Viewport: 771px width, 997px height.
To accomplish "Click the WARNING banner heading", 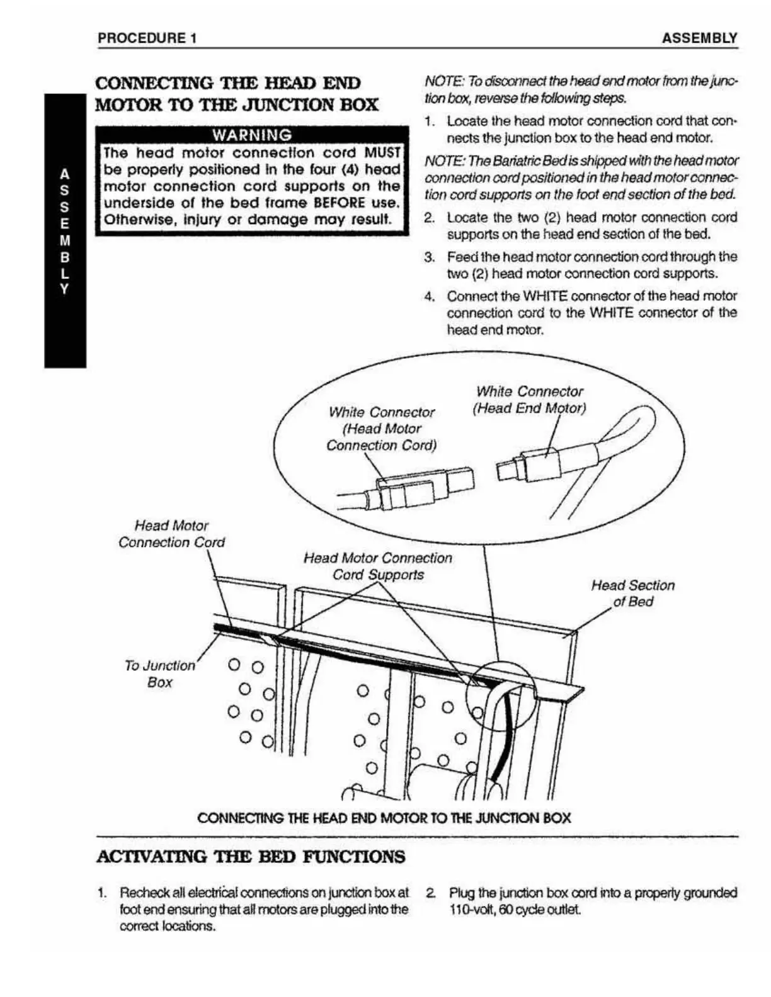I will click(x=252, y=135).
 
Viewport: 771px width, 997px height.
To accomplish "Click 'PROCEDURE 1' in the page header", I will click(x=147, y=38).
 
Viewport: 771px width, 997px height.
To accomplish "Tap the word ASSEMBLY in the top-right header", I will click(x=699, y=38).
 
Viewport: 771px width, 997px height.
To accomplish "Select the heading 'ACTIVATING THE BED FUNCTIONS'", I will click(x=251, y=857).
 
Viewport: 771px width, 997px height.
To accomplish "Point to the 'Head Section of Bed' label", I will click(x=632, y=593).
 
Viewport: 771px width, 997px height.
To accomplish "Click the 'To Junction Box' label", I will click(x=159, y=673).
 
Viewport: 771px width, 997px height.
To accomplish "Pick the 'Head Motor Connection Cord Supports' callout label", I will click(x=378, y=566).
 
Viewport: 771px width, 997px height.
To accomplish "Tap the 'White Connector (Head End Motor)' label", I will click(x=529, y=400).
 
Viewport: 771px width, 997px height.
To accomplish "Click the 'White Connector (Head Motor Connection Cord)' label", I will click(x=381, y=429).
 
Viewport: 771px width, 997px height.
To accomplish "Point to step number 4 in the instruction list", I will click(x=430, y=296).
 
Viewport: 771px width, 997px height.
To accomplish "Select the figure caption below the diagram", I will click(x=384, y=818).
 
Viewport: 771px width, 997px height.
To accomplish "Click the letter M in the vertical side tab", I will click(x=64, y=240).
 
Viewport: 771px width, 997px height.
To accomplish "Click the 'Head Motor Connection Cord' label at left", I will click(x=171, y=534).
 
